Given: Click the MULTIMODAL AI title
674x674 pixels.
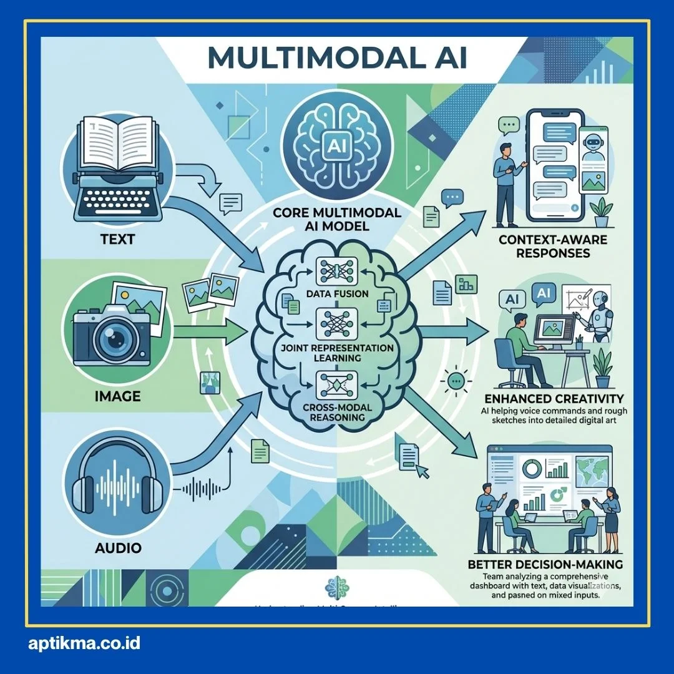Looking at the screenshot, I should [336, 57].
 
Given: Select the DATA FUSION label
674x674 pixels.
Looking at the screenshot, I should [336, 293].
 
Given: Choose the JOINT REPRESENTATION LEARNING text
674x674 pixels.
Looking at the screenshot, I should [337, 353].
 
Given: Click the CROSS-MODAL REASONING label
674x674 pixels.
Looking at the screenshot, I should [337, 413].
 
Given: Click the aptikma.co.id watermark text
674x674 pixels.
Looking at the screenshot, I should [84, 643].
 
